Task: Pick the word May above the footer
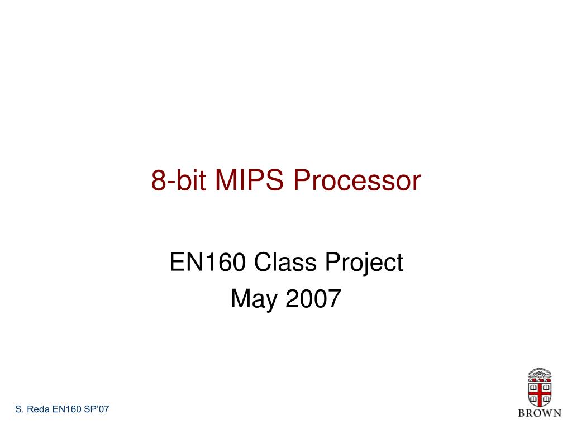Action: tap(255, 299)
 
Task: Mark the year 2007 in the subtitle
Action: tap(313, 299)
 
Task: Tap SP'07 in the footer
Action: tap(97, 409)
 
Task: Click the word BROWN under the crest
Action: tap(540, 413)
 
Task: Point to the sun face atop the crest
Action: tap(540, 373)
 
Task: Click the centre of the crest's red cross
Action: tap(540, 392)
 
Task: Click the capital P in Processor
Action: tap(301, 180)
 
